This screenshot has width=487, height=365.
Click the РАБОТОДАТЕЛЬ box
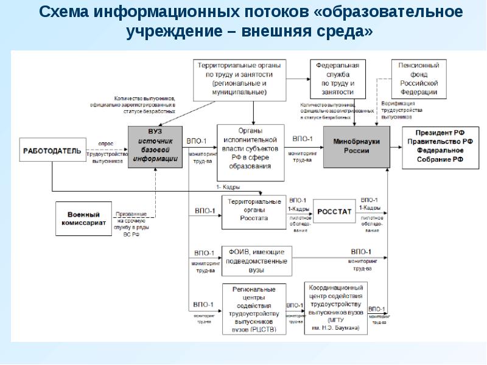pos(52,150)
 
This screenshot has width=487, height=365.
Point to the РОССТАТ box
pos(334,211)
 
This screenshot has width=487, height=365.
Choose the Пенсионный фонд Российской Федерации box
pos(418,78)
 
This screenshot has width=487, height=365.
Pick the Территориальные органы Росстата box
pos(253,210)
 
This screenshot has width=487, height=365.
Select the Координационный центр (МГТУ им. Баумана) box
pos(335,307)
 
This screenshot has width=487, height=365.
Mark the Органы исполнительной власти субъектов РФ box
pos(250,152)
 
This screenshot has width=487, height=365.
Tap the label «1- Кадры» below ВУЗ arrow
pos(228,186)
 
